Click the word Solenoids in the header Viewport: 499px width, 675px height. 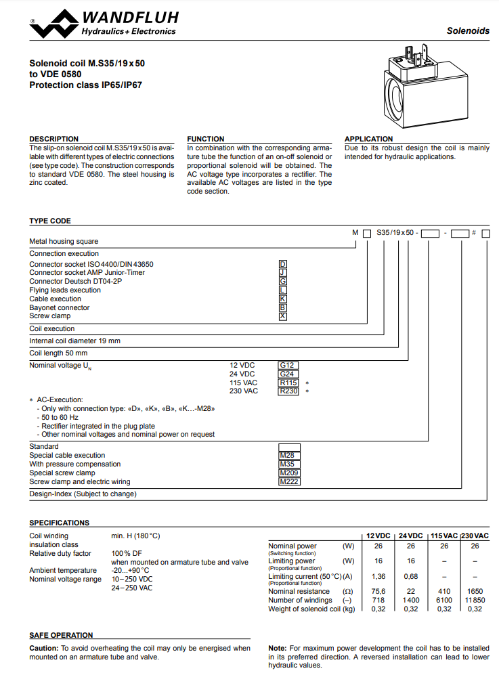click(468, 31)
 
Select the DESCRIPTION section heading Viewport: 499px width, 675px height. click(53, 139)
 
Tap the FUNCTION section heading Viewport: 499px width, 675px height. click(206, 139)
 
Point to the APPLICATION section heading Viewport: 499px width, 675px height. click(368, 139)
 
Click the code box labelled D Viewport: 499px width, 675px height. click(283, 264)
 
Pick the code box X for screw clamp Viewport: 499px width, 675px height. click(283, 316)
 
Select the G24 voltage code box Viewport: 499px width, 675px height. click(288, 374)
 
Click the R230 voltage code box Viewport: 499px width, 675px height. click(288, 391)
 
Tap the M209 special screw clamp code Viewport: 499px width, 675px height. click(289, 473)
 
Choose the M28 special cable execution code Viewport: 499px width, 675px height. click(289, 455)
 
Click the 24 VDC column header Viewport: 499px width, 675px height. click(410, 536)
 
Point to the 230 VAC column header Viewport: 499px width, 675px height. click(475, 536)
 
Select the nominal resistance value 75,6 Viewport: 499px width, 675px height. click(378, 591)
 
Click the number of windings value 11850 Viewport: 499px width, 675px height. click(475, 600)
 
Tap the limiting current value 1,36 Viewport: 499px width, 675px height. click(378, 576)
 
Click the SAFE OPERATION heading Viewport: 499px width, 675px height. click(61, 635)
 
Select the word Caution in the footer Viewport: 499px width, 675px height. click(43, 648)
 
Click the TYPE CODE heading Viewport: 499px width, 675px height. click(49, 221)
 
